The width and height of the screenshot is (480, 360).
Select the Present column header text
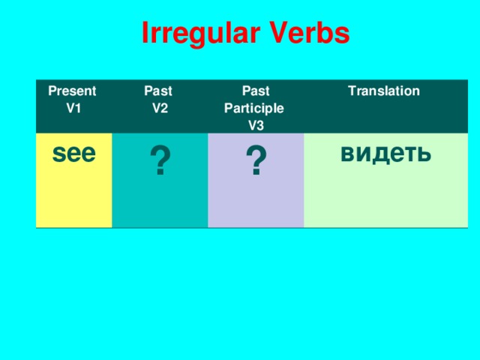tap(72, 91)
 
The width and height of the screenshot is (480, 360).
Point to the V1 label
tap(73, 108)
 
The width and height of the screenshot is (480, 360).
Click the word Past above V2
tap(158, 91)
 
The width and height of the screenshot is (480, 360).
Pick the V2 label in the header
tap(160, 108)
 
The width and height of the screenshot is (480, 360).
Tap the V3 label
tap(256, 124)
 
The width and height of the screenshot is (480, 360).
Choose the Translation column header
tap(383, 91)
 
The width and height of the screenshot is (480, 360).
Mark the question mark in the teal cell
tap(159, 162)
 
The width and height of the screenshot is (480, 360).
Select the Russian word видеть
tap(385, 153)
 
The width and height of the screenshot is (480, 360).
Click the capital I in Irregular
tap(145, 33)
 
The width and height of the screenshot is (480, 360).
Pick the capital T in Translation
tap(351, 91)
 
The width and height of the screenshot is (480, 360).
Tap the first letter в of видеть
tap(346, 154)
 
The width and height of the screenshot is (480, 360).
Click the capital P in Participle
tap(229, 108)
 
